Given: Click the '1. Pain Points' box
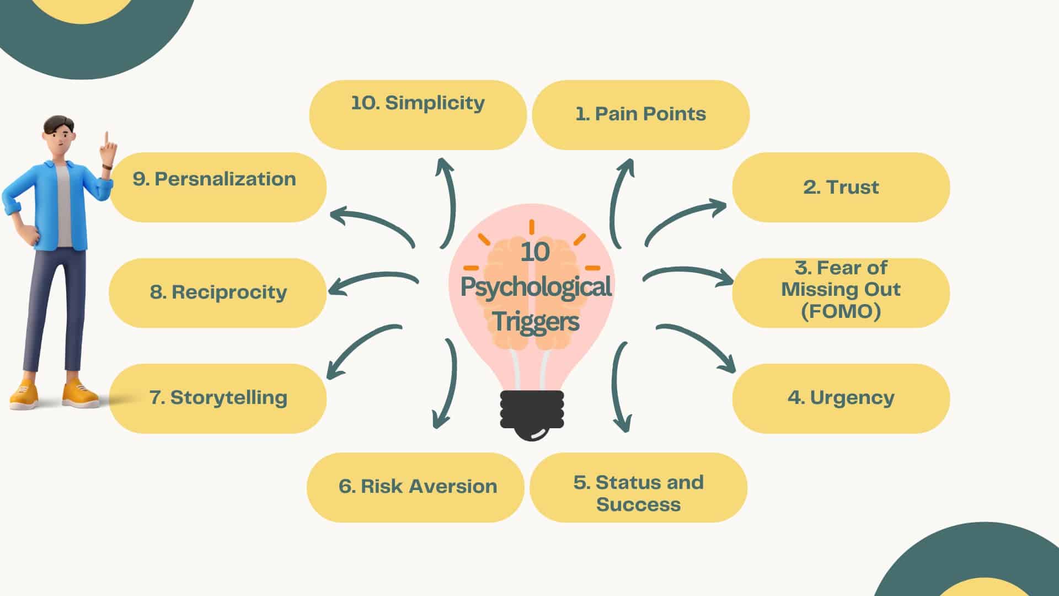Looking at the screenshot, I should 640,114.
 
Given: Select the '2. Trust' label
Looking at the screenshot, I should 841,187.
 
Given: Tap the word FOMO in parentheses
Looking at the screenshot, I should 841,311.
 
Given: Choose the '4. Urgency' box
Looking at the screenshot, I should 841,398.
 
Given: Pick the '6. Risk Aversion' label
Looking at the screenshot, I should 418,486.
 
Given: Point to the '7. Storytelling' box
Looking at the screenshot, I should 218,398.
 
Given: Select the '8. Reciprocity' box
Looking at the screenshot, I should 218,292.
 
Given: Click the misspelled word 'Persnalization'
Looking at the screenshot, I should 225,179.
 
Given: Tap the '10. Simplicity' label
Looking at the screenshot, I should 418,103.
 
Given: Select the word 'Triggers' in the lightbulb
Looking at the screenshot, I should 536,322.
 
